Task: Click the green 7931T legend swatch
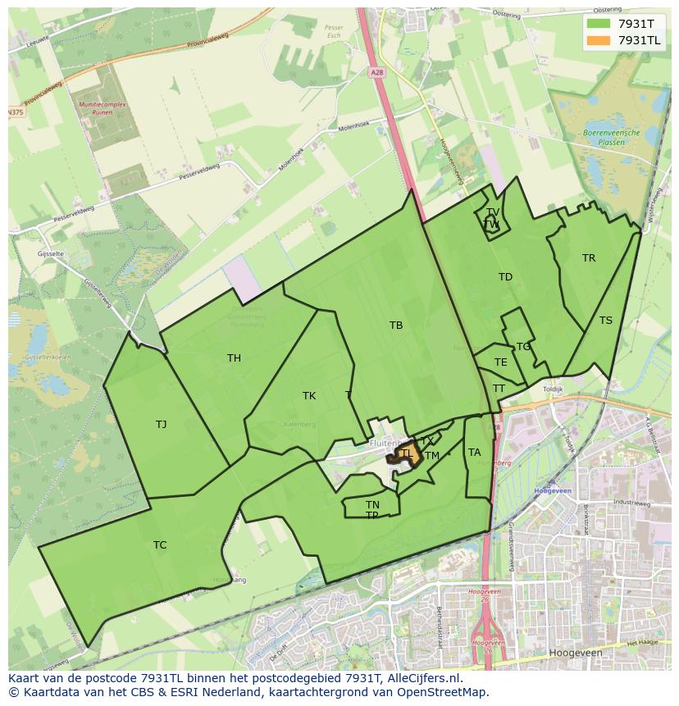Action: (599, 24)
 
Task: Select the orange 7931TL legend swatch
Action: (599, 40)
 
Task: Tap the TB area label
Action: (396, 326)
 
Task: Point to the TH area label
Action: (234, 358)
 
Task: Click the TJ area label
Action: (161, 424)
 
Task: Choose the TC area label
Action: (160, 544)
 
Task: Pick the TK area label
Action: (309, 396)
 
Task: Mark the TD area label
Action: (505, 277)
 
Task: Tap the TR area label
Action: (589, 258)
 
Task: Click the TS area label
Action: (605, 321)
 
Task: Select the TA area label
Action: (474, 453)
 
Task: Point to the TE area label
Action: (500, 362)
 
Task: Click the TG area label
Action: (523, 347)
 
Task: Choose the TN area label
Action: (372, 504)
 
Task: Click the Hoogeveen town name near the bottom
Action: (579, 653)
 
